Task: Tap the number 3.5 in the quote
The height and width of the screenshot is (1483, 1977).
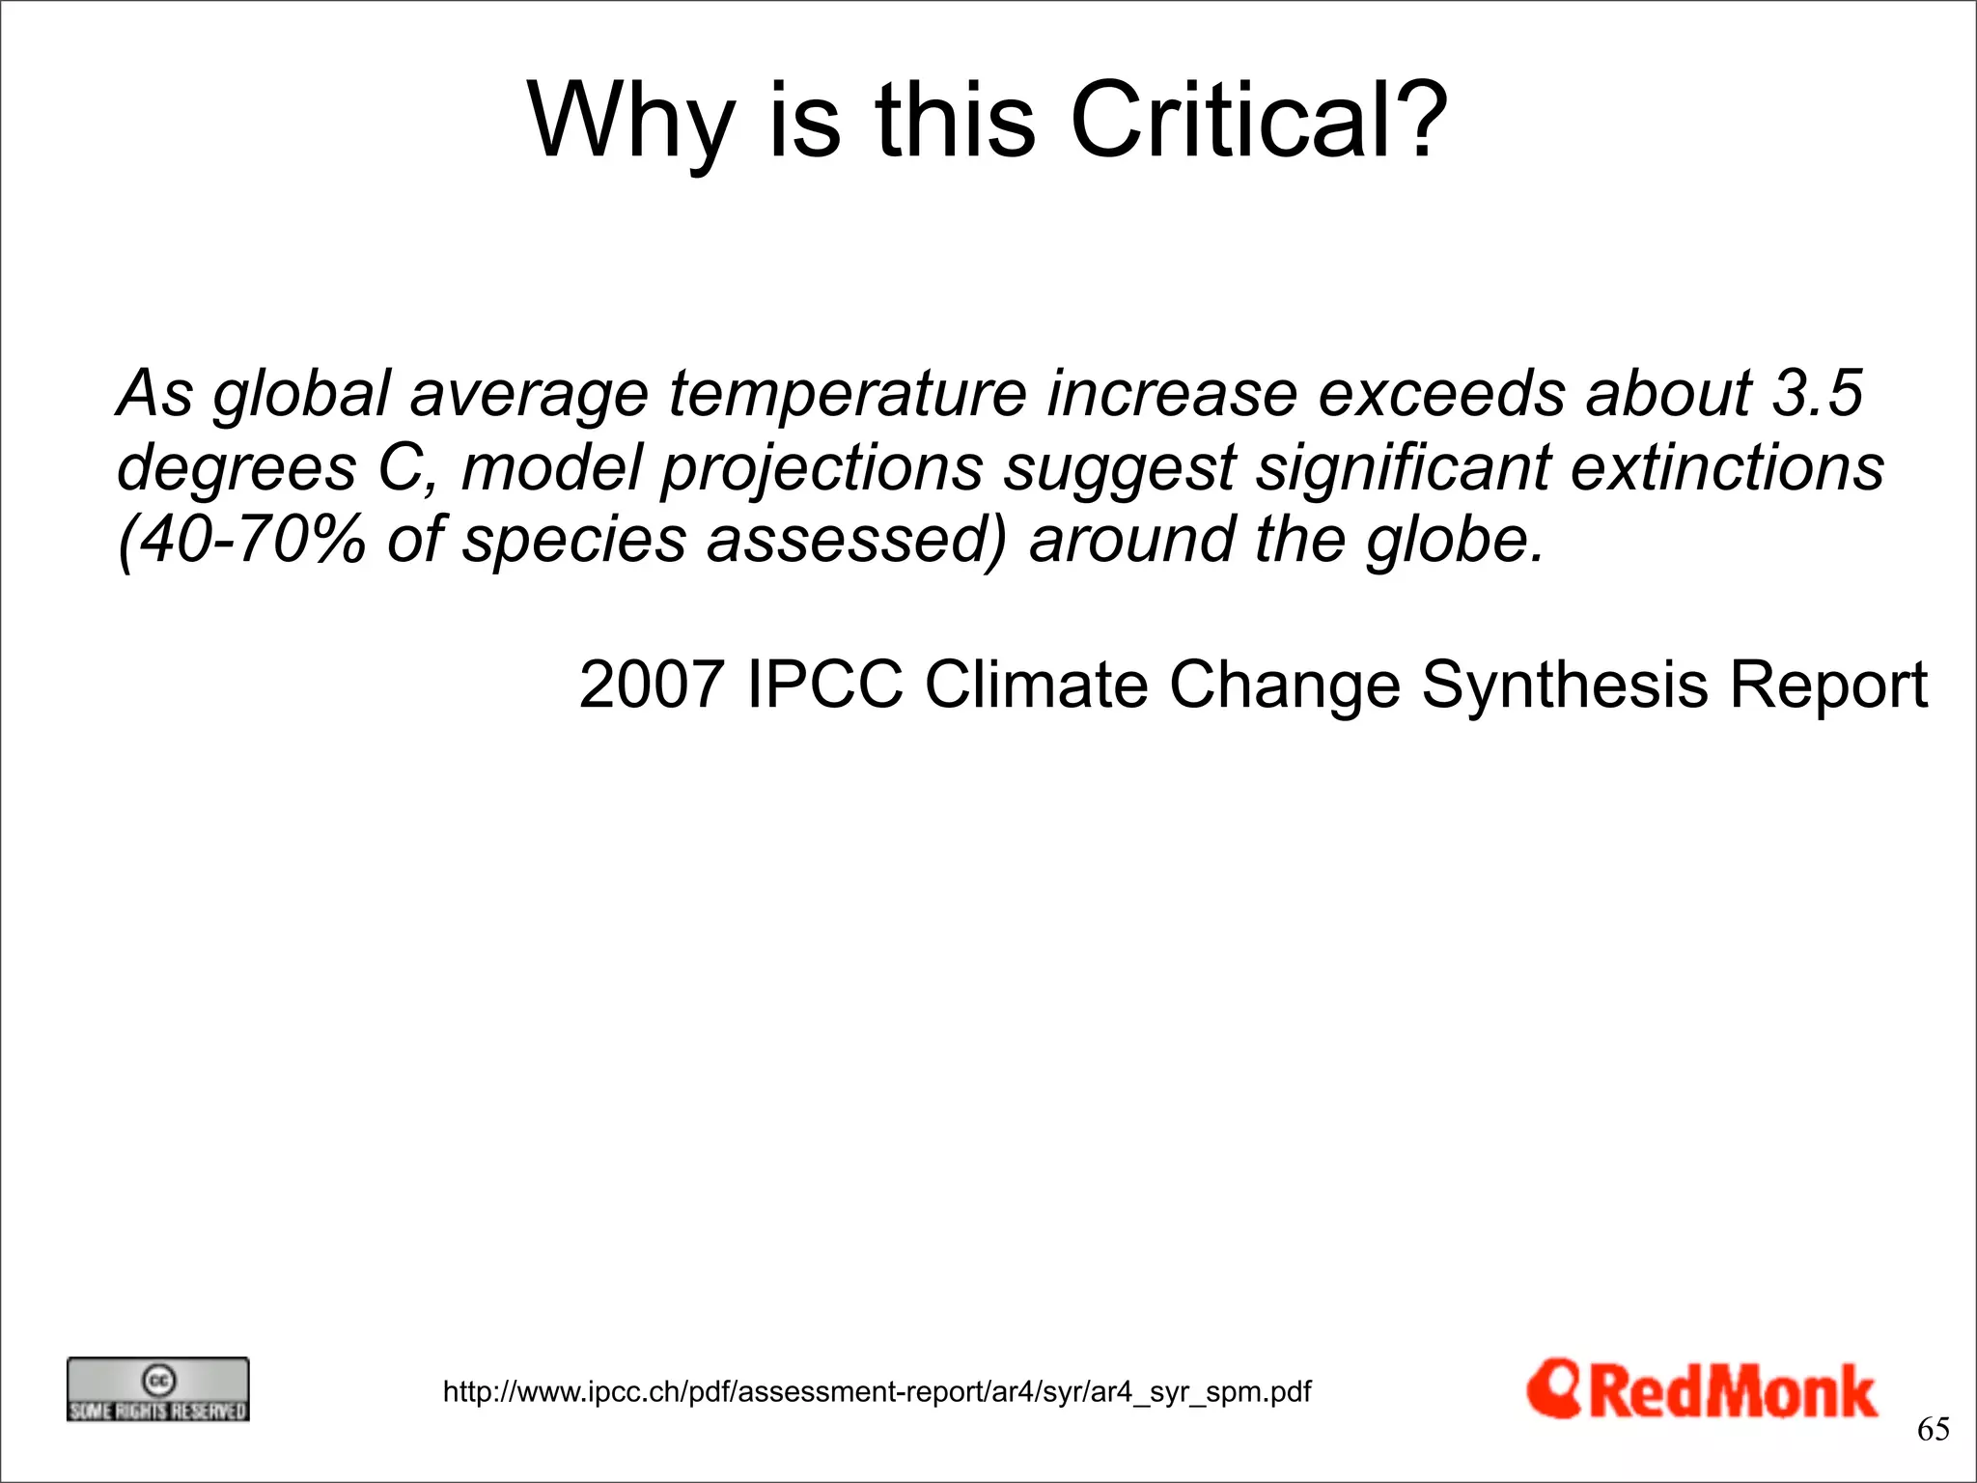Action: coord(1818,394)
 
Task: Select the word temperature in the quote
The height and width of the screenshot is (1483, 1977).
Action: coord(848,394)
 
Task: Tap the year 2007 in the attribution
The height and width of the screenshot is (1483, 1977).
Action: coord(652,685)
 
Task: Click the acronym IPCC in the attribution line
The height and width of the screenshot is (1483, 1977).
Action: coord(825,685)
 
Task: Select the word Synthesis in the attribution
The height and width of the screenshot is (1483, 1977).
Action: coord(1564,685)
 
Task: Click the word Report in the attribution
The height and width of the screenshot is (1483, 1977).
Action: coord(1827,685)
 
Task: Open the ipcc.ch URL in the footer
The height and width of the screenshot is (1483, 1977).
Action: coord(877,1391)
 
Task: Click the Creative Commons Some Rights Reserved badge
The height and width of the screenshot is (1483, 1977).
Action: coord(157,1389)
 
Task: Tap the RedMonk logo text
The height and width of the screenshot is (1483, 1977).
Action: coord(1733,1392)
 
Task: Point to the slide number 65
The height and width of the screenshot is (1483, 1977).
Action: coord(1933,1429)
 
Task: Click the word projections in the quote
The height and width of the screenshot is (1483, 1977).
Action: coord(821,467)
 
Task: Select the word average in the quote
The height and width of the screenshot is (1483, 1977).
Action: coord(529,394)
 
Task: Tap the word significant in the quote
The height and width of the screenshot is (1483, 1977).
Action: coord(1402,467)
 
